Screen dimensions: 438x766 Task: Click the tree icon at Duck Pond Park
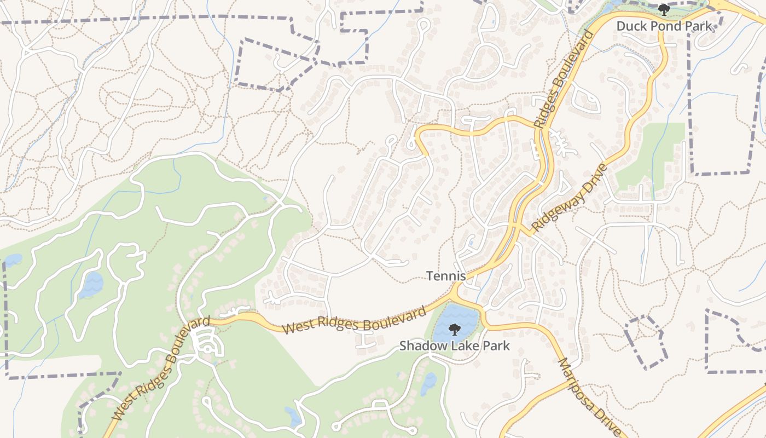pyautogui.click(x=664, y=9)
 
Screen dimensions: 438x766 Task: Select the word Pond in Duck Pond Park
pyautogui.click(x=666, y=26)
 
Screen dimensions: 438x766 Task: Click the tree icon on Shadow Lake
pyautogui.click(x=454, y=329)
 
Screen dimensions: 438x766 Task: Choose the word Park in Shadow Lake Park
pyautogui.click(x=495, y=346)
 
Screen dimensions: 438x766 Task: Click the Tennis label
pyautogui.click(x=446, y=276)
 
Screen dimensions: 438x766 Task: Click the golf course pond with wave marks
pyautogui.click(x=90, y=285)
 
